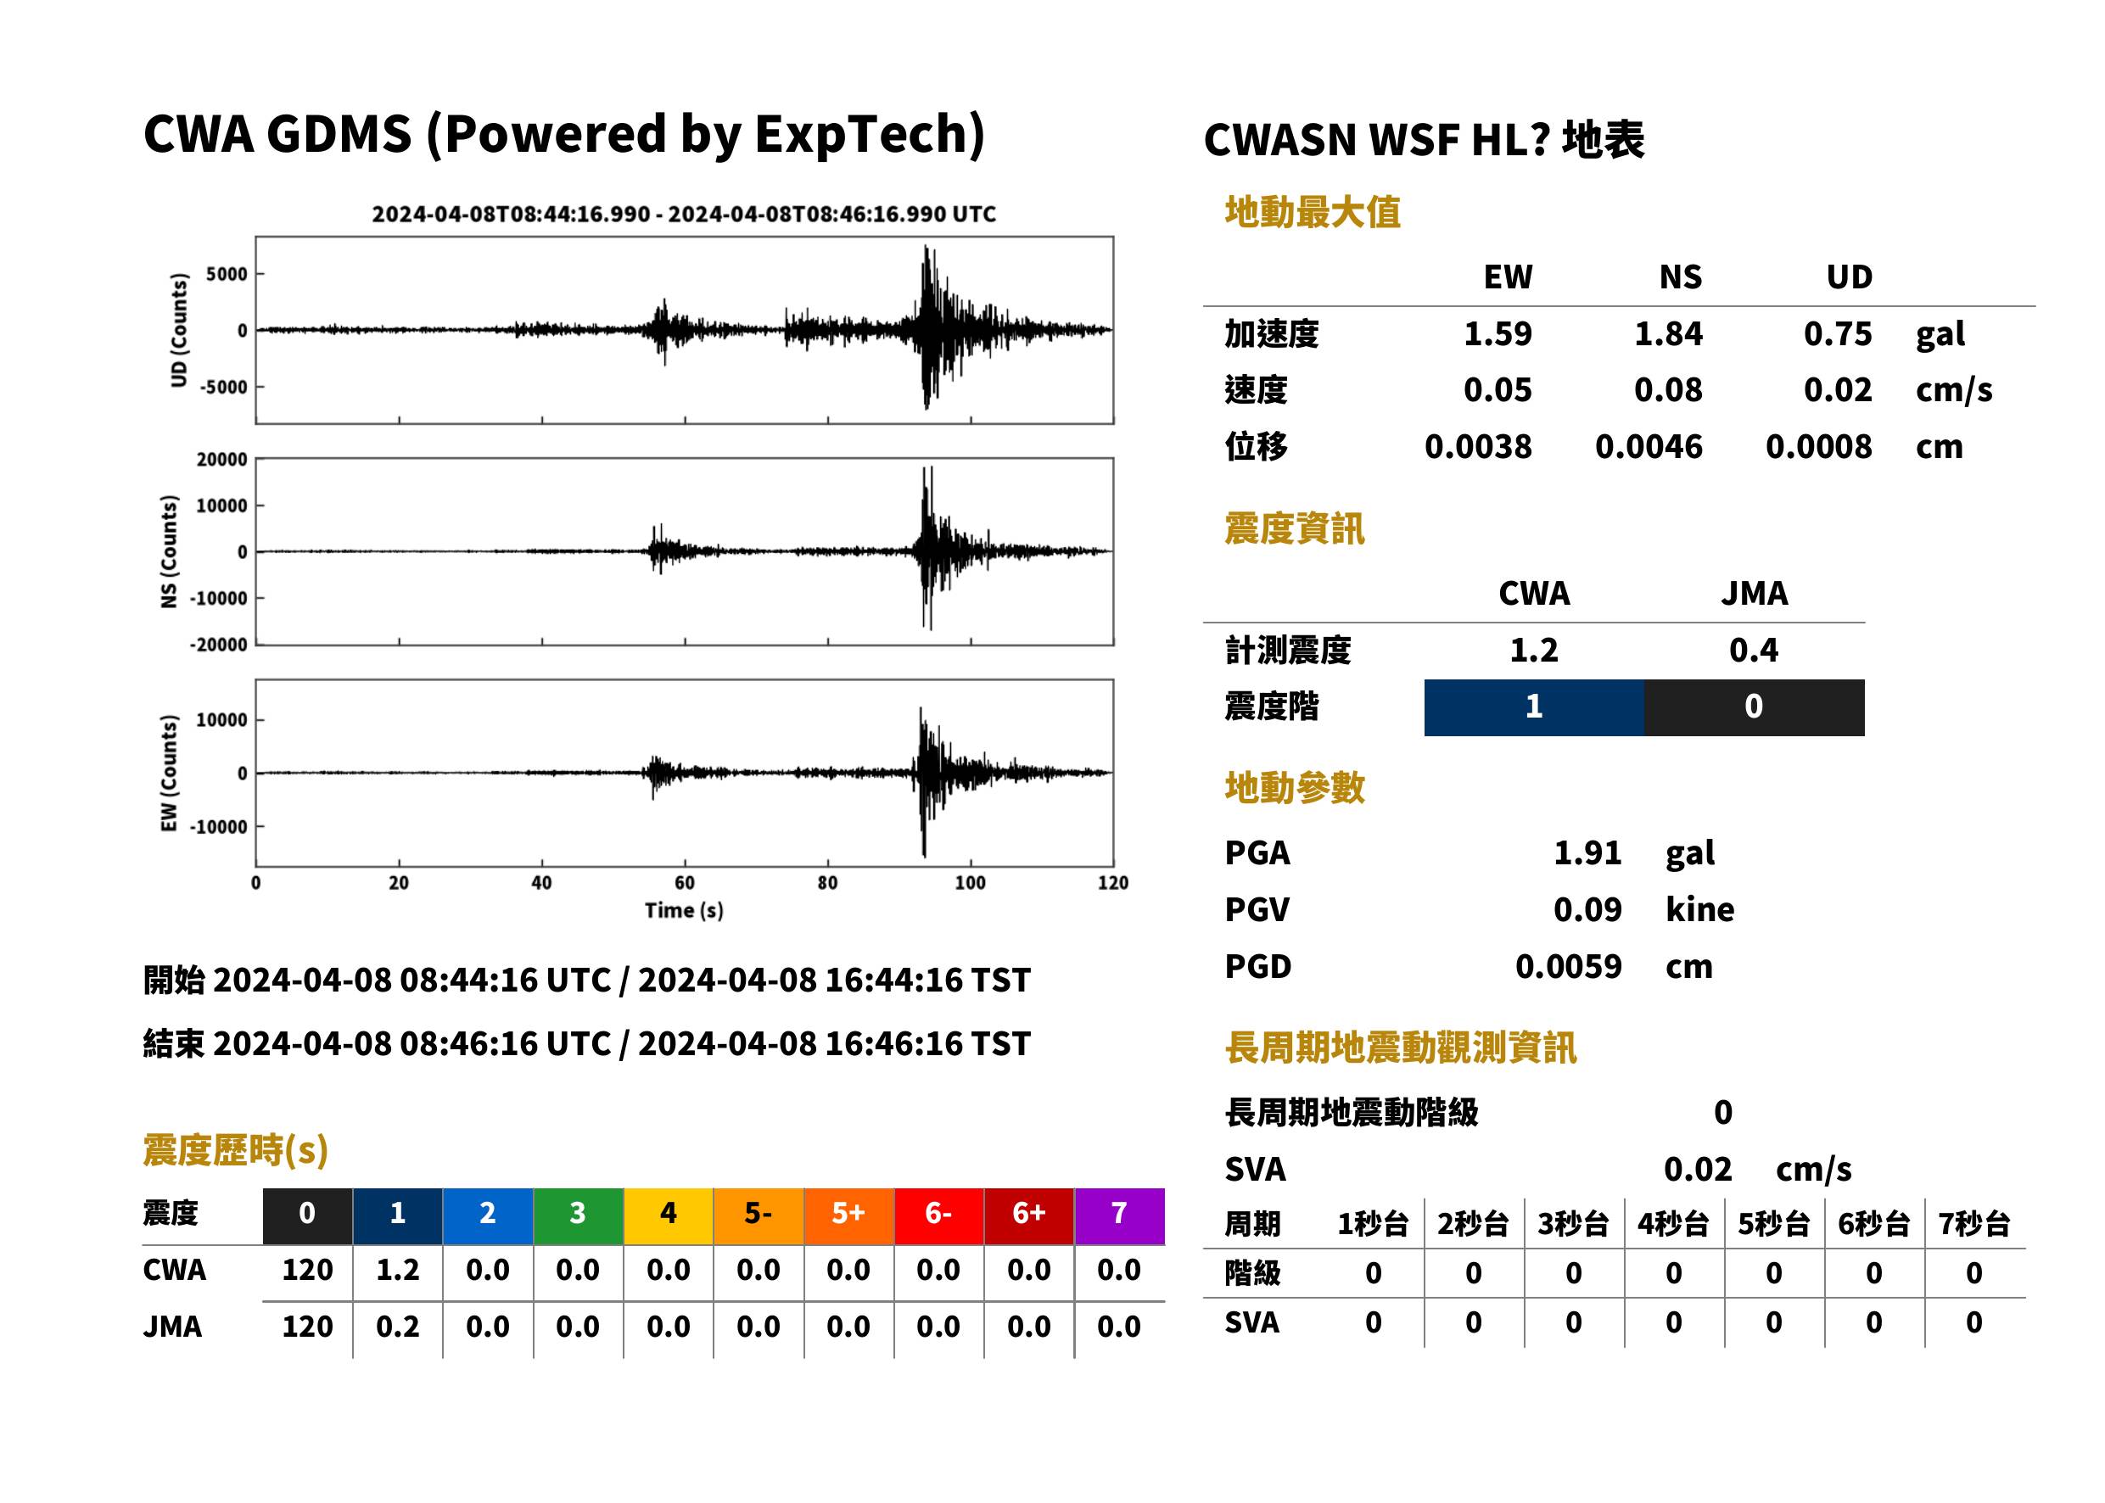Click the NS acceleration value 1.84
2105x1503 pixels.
point(1667,334)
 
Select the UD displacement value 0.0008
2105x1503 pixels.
point(1818,447)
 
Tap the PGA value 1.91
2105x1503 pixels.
point(1587,852)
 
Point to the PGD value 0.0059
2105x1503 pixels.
point(1568,966)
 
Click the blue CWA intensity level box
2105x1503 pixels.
point(1534,707)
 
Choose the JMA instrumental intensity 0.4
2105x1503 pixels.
point(1753,650)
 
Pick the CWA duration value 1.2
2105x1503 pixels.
point(397,1270)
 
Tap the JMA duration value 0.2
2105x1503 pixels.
point(397,1327)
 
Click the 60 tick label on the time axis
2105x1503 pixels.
point(684,883)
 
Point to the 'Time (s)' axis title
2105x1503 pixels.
point(684,911)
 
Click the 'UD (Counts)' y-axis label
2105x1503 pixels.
point(179,331)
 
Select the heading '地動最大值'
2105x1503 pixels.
point(1313,212)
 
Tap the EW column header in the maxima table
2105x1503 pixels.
point(1508,277)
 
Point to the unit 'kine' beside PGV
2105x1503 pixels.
point(1699,910)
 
